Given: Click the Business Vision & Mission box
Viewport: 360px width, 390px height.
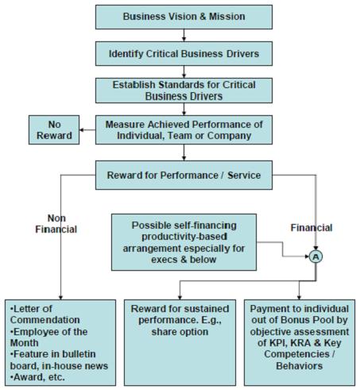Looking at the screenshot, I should point(184,16).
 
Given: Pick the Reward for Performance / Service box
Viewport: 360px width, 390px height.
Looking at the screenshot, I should point(184,172).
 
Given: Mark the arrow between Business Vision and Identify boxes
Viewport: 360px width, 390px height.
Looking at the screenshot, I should point(184,36).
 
